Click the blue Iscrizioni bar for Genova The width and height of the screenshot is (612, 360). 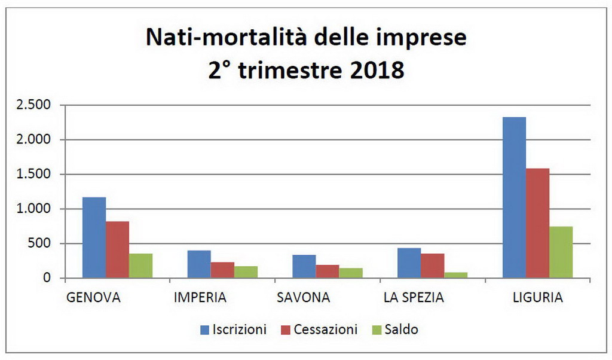click(94, 237)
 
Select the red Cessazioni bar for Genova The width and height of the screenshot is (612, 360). click(117, 249)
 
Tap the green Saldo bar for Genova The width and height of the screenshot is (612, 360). click(140, 266)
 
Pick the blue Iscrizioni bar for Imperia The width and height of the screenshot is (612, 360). click(199, 264)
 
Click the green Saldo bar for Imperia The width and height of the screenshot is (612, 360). click(246, 272)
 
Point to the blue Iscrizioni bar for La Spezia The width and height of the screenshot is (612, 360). click(409, 263)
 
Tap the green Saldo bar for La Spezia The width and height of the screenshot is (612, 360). click(455, 275)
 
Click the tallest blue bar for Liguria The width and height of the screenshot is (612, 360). click(514, 197)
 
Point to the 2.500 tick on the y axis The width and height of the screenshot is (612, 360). click(35, 105)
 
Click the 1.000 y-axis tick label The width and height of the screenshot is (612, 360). click(35, 209)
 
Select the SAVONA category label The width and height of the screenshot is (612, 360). click(304, 297)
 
